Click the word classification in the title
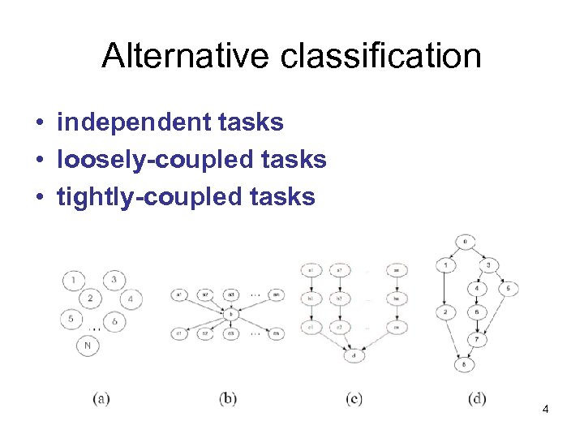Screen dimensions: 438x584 382,56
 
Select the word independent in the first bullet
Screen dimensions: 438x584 127,122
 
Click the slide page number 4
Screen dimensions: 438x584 546,410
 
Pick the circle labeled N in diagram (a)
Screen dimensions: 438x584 88,346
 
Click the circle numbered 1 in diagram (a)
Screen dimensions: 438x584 74,281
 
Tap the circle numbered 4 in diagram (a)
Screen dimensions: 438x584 131,299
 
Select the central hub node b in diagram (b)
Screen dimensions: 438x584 230,313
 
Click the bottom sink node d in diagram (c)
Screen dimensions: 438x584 354,355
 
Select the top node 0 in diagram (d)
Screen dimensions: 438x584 464,242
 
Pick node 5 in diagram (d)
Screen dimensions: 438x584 508,288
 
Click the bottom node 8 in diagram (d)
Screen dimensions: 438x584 463,364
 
